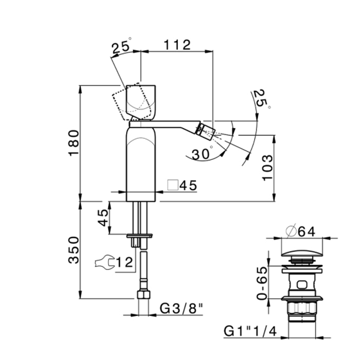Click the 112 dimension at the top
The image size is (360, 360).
[x=177, y=45]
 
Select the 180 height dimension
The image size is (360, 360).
[x=74, y=143]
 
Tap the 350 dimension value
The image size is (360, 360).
[x=74, y=250]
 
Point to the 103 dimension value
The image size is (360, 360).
[x=267, y=168]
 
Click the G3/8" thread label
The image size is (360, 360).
[x=182, y=309]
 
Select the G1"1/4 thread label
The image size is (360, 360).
[x=250, y=331]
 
